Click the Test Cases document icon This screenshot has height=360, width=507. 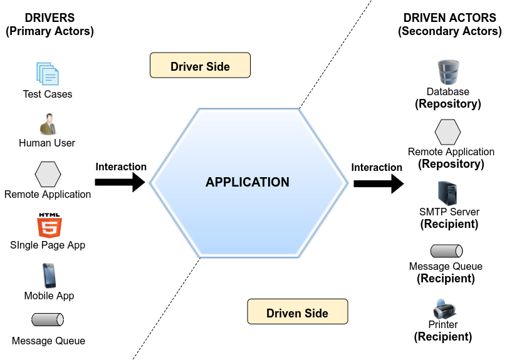click(x=48, y=73)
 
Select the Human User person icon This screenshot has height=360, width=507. click(x=48, y=124)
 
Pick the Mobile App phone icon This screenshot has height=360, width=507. click(x=49, y=275)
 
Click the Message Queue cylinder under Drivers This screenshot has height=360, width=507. click(x=48, y=320)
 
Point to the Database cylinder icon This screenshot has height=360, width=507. click(x=448, y=73)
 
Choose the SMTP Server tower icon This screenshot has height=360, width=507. click(x=448, y=193)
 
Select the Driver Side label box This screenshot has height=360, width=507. click(x=200, y=66)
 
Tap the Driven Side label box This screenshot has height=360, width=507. click(x=297, y=312)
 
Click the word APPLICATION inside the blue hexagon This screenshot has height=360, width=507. click(x=248, y=182)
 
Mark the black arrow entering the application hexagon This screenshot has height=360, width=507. click(x=120, y=182)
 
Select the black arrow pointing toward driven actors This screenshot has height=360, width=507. click(x=378, y=183)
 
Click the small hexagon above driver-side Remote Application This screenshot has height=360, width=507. click(x=48, y=174)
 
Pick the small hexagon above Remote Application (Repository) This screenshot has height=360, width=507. click(x=448, y=131)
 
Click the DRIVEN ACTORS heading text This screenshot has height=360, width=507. click(x=449, y=18)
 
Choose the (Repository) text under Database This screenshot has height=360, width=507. click(x=448, y=104)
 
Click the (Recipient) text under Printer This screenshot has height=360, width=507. click(x=443, y=337)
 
